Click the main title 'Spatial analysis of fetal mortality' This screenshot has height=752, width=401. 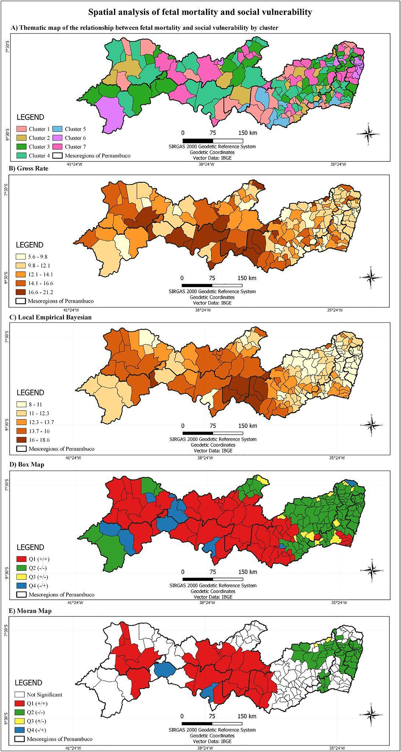click(x=200, y=12)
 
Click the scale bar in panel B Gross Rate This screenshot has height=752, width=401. click(x=212, y=285)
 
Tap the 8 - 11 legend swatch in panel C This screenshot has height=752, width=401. click(x=21, y=405)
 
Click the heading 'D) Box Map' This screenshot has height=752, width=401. click(x=27, y=464)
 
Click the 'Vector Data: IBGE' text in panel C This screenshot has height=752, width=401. click(x=213, y=450)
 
